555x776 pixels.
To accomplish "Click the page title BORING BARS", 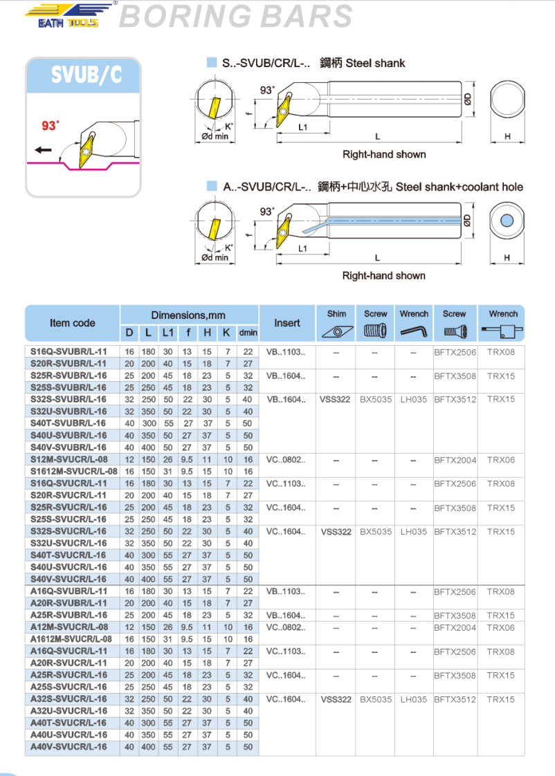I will coord(235,17).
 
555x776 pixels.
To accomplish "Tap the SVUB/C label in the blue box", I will coord(83,75).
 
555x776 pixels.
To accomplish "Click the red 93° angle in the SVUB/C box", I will coord(51,126).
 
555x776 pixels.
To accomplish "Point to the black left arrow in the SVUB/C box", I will coord(43,150).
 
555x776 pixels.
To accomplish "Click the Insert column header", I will coord(287,323).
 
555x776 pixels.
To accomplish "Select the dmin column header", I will coord(248,333).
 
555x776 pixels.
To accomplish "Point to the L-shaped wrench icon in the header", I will coord(414,331).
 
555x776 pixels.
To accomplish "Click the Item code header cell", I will coord(73,323).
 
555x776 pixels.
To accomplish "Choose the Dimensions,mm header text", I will coord(188,315).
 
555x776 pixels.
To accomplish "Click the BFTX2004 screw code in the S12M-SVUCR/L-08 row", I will coord(455,459).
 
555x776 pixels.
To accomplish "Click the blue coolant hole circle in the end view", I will coord(507,221).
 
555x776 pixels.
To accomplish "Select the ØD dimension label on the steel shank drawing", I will coord(468,100).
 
